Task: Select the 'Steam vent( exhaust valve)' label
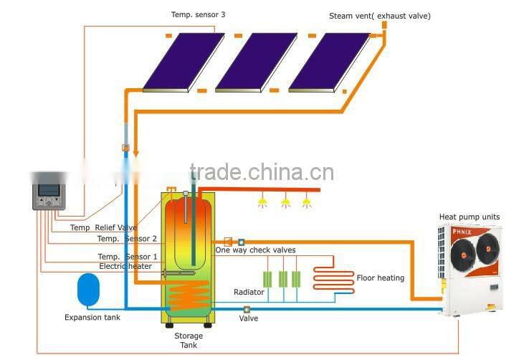coord(380,16)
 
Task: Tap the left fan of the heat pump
coord(462,250)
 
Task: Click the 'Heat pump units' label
coord(470,217)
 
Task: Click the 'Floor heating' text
coord(380,278)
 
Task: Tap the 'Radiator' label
coord(249,292)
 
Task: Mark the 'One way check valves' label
coord(255,250)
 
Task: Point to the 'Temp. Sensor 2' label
coord(127,239)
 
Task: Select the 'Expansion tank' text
coord(92,317)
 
